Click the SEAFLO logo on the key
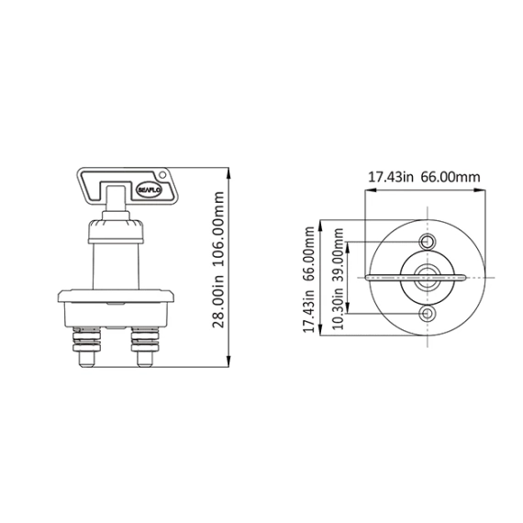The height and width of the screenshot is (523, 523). point(149,190)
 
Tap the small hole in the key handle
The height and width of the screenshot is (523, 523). point(162,174)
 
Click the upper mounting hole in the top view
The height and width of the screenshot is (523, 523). point(428,241)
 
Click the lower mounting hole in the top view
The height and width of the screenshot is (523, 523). point(428,314)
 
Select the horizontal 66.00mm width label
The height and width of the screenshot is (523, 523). point(451,177)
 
